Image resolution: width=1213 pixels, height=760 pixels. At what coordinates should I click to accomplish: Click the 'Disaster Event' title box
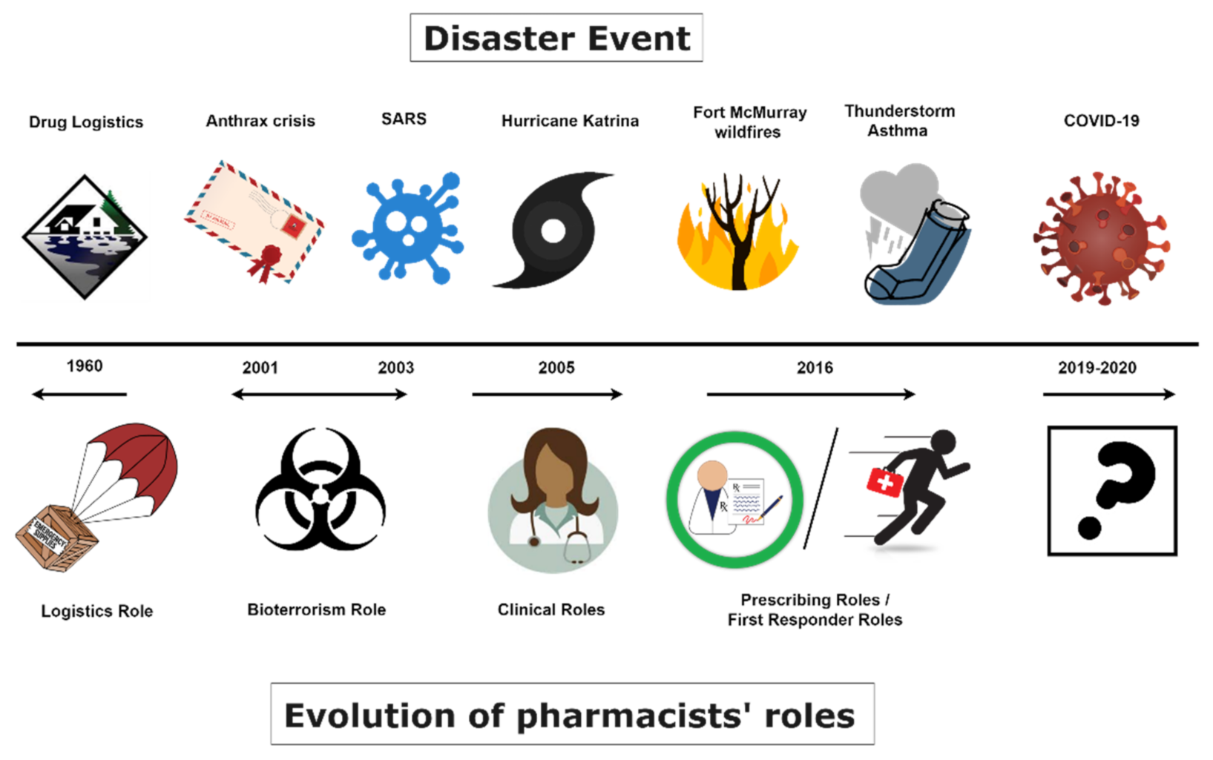[x=556, y=37]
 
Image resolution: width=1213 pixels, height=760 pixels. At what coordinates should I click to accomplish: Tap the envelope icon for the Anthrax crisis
[x=254, y=222]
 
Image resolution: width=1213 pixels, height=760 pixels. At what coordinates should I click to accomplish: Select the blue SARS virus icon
[x=407, y=228]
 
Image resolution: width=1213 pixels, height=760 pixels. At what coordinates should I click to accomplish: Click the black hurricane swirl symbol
[x=553, y=231]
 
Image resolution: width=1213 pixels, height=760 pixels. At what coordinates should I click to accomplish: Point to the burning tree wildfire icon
[x=737, y=231]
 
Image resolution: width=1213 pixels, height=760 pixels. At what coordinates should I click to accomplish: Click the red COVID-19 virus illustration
[x=1102, y=238]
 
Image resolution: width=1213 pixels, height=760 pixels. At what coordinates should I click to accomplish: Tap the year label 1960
[x=85, y=366]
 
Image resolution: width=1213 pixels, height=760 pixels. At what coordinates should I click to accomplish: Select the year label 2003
[x=396, y=368]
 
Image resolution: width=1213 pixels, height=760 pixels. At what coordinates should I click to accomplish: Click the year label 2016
[x=815, y=368]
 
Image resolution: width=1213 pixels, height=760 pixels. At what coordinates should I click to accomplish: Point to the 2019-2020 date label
[x=1097, y=368]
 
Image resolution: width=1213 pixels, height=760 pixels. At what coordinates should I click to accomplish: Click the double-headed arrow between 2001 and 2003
[x=320, y=394]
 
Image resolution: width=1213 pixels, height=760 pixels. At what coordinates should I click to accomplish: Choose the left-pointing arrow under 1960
[x=79, y=394]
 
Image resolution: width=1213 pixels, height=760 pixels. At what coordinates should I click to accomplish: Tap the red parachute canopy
[x=142, y=460]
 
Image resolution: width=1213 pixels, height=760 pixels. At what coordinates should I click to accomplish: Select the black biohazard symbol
[x=320, y=489]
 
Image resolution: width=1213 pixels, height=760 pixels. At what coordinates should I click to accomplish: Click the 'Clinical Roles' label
[x=550, y=609]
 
